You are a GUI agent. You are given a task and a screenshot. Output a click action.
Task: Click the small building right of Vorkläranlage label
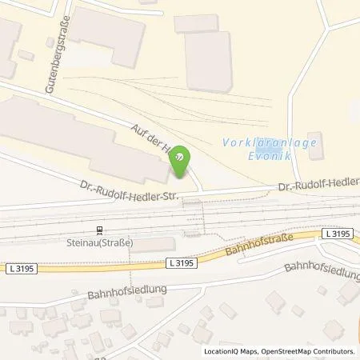click(315, 146)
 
